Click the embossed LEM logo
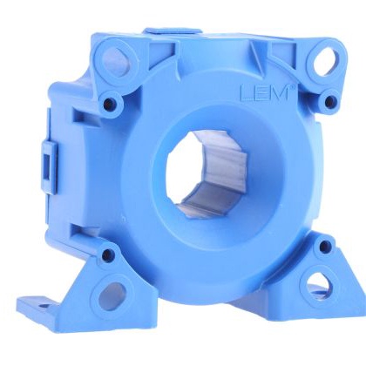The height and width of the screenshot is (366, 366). click(265, 93)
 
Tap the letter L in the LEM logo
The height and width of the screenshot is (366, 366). click(246, 94)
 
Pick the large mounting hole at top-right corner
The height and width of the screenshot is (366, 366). click(326, 60)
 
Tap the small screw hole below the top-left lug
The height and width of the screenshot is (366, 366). click(108, 102)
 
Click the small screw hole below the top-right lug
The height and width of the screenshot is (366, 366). click(329, 101)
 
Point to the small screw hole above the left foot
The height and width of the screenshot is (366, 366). click(107, 254)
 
